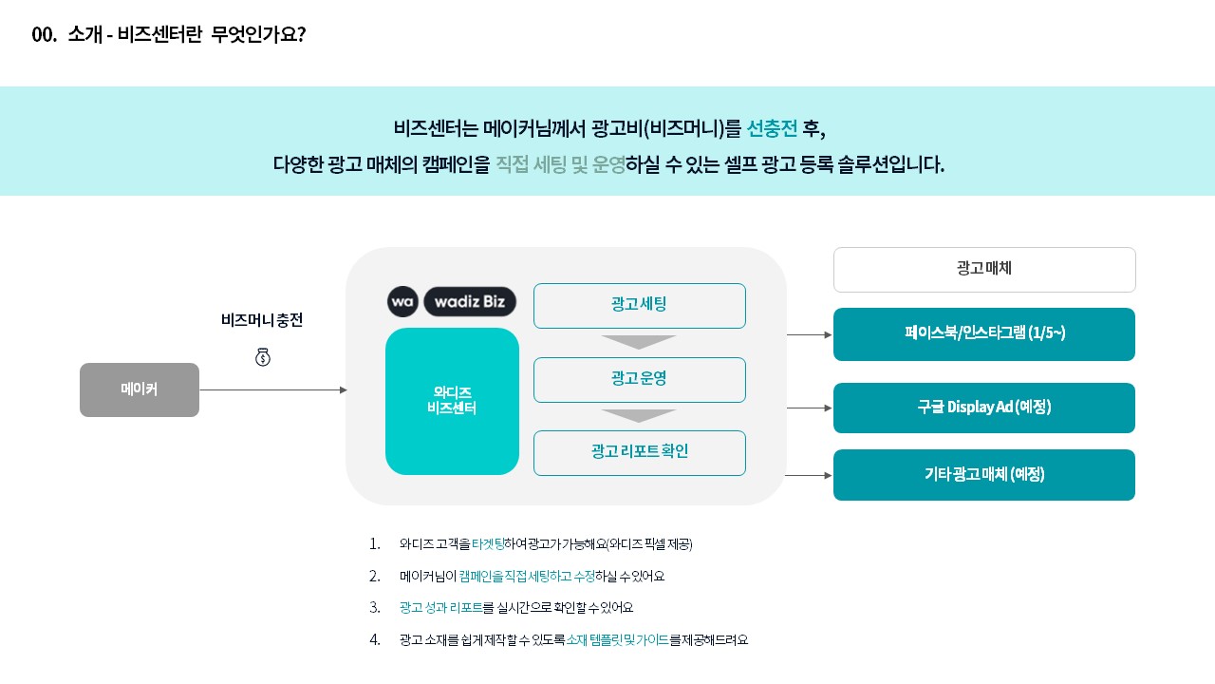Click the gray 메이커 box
tap(140, 389)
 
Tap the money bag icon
tap(263, 357)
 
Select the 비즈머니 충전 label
tap(262, 320)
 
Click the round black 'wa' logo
tap(402, 301)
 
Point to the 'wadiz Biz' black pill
tap(470, 301)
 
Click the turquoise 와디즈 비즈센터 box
tap(452, 401)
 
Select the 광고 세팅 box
tap(640, 306)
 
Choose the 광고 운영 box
tap(640, 379)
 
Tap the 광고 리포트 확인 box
tap(640, 453)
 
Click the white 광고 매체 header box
tap(984, 269)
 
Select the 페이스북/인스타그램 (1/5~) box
tap(984, 333)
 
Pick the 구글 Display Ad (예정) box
tap(984, 408)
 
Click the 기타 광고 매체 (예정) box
tap(984, 474)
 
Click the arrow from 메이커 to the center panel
tap(273, 389)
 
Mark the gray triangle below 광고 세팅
tap(639, 342)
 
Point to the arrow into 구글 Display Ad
tap(810, 408)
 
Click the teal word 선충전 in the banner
tap(772, 128)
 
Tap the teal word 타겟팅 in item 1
tap(488, 543)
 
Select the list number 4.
tap(374, 639)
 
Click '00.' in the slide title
tap(44, 35)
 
